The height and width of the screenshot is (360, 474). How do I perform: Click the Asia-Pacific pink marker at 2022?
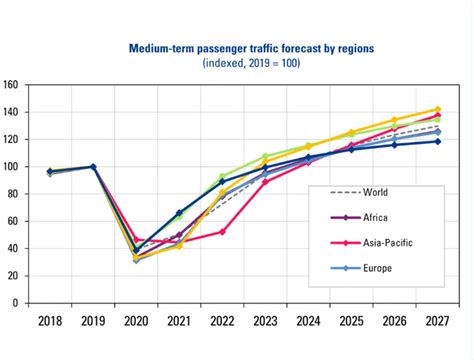pos(222,231)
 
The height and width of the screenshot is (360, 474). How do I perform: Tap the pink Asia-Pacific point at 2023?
pos(265,181)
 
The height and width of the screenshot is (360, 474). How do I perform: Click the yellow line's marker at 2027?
pos(436,109)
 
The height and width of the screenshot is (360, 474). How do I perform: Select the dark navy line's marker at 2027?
pos(436,141)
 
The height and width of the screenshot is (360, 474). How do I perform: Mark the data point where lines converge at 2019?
pos(94,167)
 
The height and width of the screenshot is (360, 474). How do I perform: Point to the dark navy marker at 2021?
pos(179,213)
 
